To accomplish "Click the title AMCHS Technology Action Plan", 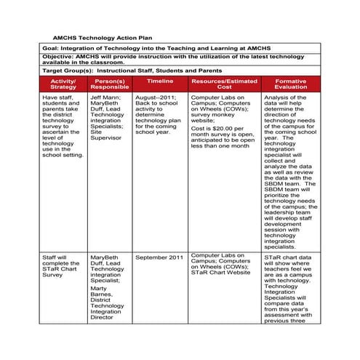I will coord(102,37).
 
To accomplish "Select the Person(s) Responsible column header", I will coord(109,84).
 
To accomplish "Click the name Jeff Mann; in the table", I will coord(105,97).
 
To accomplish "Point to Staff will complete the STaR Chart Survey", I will coord(60,266).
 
